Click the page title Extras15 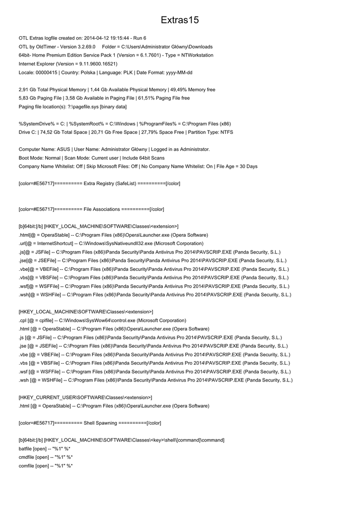180,20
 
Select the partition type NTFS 227,132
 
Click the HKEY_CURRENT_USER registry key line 85,397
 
